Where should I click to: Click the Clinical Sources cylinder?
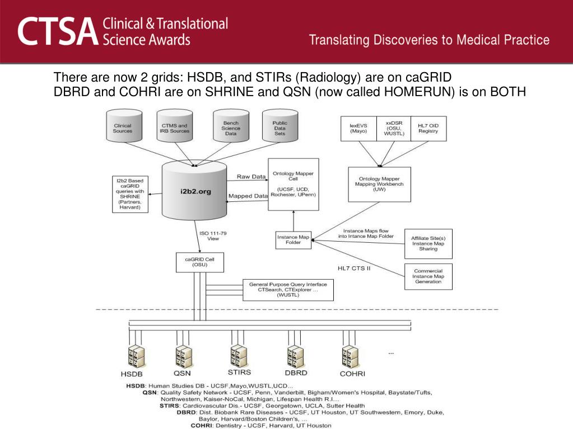tap(124, 125)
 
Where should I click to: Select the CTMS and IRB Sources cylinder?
tap(174, 125)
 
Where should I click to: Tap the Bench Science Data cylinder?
tap(231, 125)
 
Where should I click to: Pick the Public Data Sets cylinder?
tap(280, 125)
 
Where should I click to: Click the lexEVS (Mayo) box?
tap(358, 129)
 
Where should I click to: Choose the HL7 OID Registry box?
tap(428, 129)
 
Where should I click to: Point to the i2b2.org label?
tap(195, 191)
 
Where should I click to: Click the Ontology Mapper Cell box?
tap(294, 184)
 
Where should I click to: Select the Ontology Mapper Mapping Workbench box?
tap(379, 184)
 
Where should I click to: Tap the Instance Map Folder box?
tap(294, 240)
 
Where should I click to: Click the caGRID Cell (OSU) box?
tap(200, 262)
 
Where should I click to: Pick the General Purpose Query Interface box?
tap(288, 290)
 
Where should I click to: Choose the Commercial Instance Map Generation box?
tap(428, 276)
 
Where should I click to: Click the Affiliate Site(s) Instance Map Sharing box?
tap(428, 244)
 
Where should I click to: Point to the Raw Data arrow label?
tap(251, 177)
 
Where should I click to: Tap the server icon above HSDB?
tap(136, 356)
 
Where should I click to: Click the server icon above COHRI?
tap(350, 356)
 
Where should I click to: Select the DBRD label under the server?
tap(296, 373)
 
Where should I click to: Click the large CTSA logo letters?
tap(58, 32)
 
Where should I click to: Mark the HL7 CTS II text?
tap(354, 268)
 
